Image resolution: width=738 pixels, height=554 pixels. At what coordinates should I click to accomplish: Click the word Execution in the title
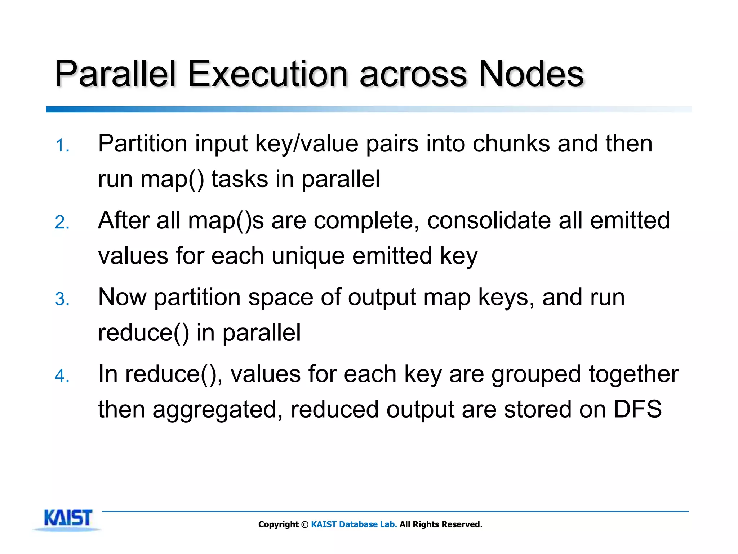267,74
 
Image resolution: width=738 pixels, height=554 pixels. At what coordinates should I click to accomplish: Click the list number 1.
62,146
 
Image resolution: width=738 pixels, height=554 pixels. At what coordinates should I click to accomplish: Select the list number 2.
62,222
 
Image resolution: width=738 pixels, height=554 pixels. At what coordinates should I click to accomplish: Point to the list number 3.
62,299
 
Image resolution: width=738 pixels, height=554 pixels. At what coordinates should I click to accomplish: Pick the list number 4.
62,376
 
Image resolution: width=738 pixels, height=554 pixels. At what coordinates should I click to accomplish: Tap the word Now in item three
122,297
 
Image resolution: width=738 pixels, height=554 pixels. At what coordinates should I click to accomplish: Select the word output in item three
382,298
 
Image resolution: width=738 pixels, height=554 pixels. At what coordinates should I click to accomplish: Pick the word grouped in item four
536,374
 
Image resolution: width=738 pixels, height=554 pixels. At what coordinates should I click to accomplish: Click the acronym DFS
637,409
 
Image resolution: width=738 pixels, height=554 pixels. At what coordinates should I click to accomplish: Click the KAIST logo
68,518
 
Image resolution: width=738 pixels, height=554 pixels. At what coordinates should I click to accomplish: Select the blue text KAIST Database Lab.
354,524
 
